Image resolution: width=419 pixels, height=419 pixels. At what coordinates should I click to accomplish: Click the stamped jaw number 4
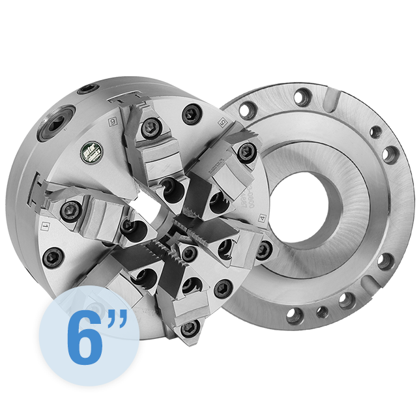[x=263, y=219]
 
